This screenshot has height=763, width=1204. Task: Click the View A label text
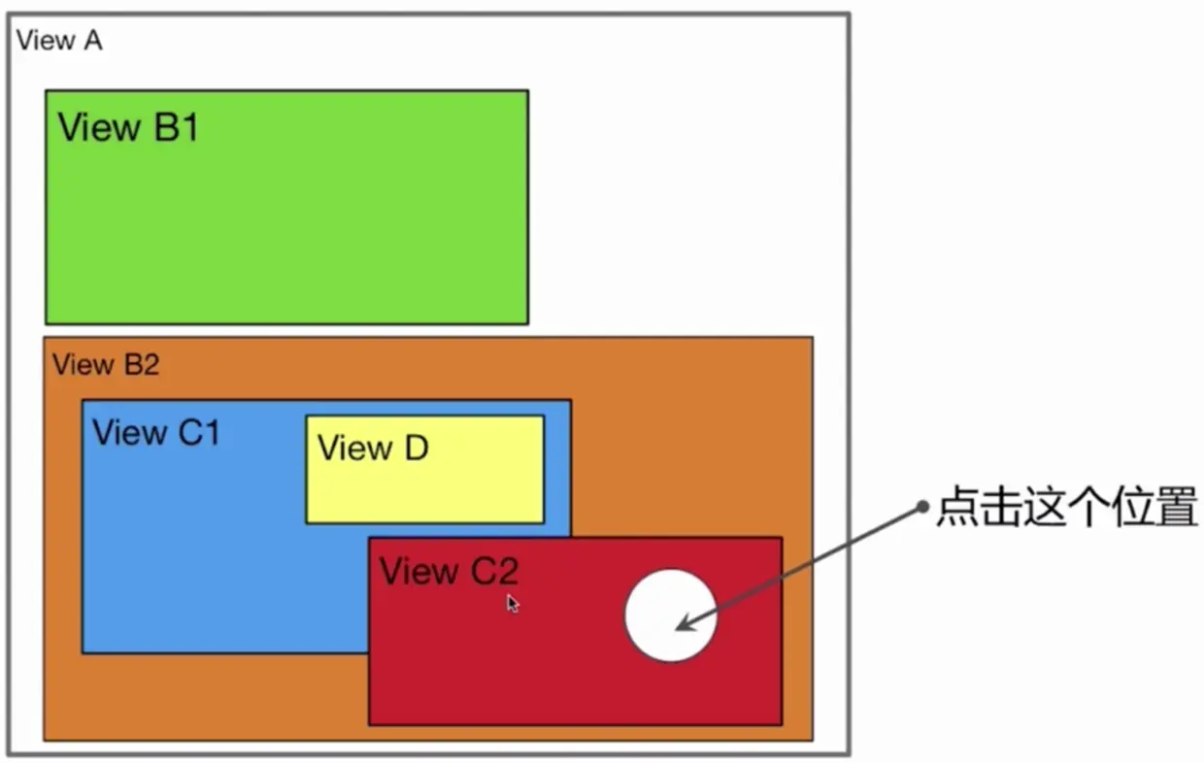[59, 41]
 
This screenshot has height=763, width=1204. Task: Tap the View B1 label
[128, 127]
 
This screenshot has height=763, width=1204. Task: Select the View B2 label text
[106, 365]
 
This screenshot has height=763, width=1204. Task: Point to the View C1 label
[156, 433]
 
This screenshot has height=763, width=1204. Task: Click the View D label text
[373, 448]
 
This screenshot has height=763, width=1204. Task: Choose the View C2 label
[448, 572]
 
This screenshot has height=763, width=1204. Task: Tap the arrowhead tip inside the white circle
[679, 629]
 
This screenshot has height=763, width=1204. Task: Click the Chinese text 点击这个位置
[1066, 510]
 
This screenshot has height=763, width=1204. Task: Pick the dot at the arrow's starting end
[922, 509]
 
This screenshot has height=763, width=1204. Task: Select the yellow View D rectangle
[424, 485]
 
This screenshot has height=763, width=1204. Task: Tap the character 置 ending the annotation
[1177, 510]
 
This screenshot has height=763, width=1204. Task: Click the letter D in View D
[416, 448]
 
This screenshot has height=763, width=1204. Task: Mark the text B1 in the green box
[176, 127]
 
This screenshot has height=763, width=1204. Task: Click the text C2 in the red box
[494, 572]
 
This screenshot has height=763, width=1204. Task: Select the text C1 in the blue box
[199, 433]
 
